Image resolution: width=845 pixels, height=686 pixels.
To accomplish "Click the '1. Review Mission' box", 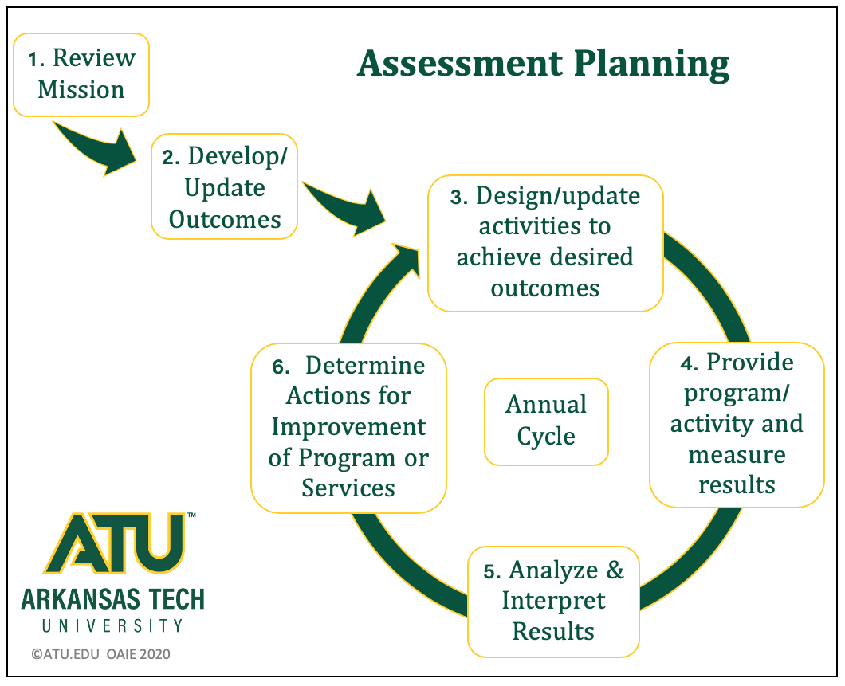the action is [x=81, y=75].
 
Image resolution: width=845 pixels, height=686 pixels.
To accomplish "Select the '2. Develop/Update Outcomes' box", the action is [x=224, y=186].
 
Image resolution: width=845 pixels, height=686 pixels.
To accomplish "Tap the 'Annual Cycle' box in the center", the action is [x=546, y=421].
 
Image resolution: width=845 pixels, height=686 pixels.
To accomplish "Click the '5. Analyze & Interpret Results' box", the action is [x=553, y=602].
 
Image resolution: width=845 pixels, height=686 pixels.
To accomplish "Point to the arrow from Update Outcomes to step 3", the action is [x=347, y=207].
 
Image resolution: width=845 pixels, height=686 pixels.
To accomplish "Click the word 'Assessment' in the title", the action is [x=460, y=64].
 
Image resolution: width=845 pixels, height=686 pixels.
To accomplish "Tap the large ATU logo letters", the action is [x=114, y=543].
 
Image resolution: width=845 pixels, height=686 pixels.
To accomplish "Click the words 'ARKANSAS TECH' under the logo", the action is [x=113, y=599].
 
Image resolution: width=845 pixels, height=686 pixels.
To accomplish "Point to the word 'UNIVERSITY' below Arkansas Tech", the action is [x=112, y=625].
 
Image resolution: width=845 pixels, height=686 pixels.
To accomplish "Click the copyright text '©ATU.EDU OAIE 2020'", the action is [x=100, y=654].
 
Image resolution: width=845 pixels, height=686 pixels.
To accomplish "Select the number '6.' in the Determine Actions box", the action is [x=281, y=367].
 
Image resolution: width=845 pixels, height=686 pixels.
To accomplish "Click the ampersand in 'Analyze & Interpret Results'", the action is [x=615, y=570].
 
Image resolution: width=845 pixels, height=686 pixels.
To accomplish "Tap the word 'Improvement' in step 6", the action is [x=348, y=428].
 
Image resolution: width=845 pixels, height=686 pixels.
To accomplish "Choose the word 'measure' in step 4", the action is [x=737, y=456].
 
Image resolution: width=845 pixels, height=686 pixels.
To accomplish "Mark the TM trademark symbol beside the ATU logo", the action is [x=191, y=515].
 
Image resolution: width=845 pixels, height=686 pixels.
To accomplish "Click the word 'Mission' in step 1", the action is [x=81, y=90].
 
